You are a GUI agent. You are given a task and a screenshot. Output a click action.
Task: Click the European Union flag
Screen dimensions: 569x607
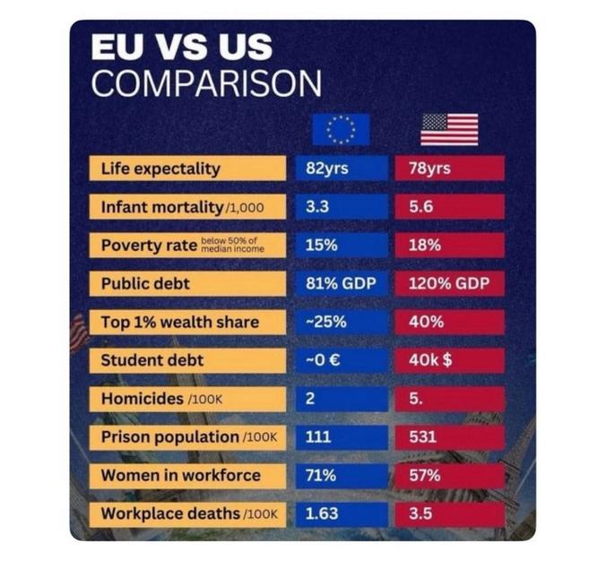[x=341, y=129]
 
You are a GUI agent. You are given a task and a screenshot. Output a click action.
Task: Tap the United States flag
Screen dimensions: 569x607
[x=449, y=129]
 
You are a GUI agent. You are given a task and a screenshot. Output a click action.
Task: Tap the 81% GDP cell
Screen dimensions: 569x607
[x=342, y=284]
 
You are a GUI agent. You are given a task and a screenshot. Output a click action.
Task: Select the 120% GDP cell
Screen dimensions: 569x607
[x=449, y=284]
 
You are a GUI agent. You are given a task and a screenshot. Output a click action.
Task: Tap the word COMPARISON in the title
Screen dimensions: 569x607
[x=206, y=83]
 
